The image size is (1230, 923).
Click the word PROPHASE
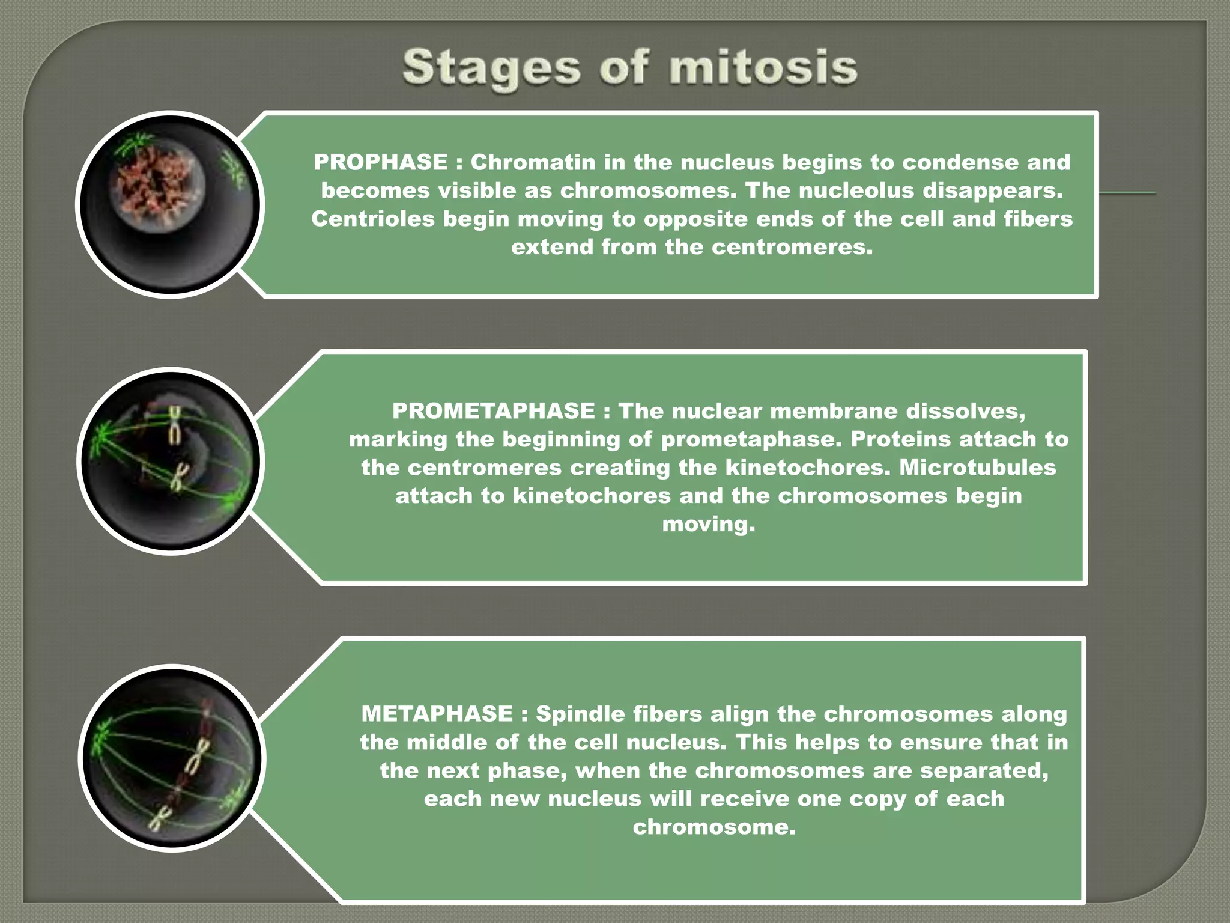pos(380,162)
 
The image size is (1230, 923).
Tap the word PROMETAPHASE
pos(493,411)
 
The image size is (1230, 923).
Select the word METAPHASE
pos(437,714)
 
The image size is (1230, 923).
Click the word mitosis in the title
pos(763,67)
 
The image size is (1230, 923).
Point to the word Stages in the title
pos(492,69)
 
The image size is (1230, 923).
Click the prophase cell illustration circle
pos(170,204)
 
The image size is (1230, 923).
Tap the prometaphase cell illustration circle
pos(171,461)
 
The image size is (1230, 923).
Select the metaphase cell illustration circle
pos(172,758)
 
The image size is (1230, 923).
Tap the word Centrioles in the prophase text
pos(372,219)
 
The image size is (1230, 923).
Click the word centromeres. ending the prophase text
pos(792,247)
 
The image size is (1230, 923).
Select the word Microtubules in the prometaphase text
pos(977,468)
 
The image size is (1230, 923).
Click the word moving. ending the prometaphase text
pos(708,524)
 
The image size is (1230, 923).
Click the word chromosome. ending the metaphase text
pos(714,827)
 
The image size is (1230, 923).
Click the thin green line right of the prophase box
pos(1127,193)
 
